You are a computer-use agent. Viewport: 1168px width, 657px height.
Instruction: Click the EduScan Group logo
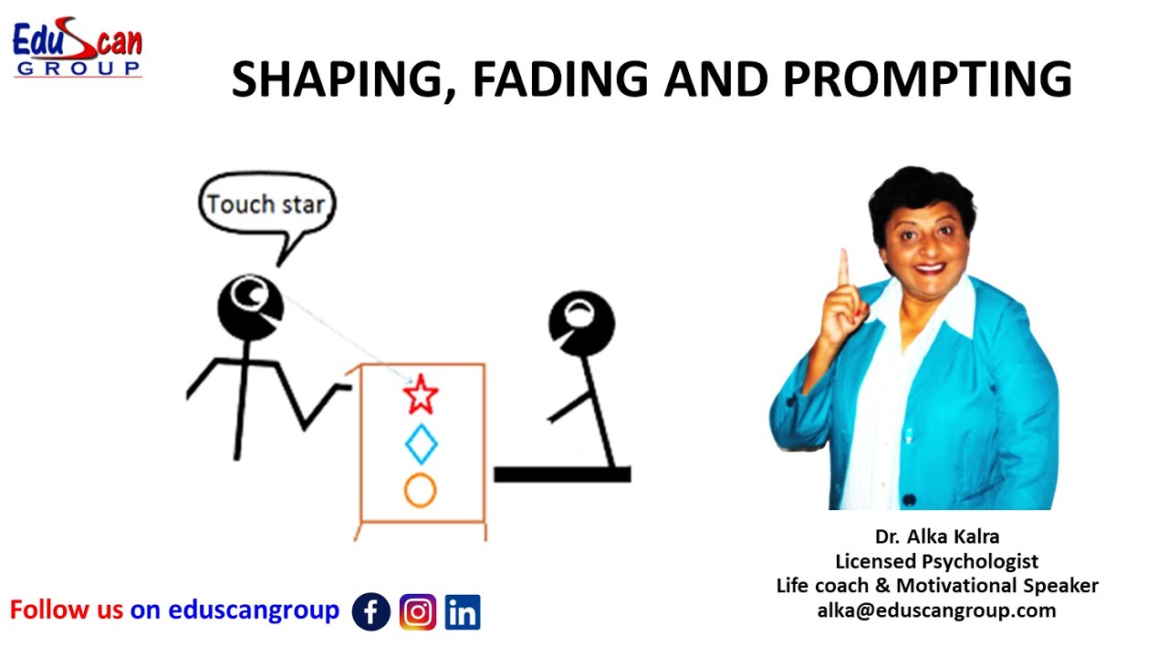[77, 49]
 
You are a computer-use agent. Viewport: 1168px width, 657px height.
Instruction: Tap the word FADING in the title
[558, 79]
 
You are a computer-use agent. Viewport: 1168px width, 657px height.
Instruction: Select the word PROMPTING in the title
[927, 79]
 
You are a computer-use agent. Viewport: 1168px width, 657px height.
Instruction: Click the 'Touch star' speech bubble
[266, 204]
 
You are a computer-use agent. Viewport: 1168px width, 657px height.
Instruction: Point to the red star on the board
[421, 395]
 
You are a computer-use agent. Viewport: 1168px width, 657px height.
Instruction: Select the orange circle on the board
[421, 490]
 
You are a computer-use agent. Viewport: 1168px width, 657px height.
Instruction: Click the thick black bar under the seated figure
[562, 474]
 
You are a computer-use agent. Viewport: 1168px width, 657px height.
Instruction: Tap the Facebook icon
[371, 612]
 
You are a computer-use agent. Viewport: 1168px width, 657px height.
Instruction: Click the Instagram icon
[418, 612]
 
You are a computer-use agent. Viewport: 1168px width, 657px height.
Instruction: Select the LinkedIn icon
[463, 612]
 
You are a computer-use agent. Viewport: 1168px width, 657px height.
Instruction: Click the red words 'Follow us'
[66, 610]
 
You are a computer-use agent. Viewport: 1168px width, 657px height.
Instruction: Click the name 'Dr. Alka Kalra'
[936, 536]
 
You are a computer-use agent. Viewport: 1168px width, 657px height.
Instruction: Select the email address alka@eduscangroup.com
[936, 610]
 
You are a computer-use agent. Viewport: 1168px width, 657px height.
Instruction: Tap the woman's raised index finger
[843, 266]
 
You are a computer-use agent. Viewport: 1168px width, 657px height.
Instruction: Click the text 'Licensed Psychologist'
[936, 560]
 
